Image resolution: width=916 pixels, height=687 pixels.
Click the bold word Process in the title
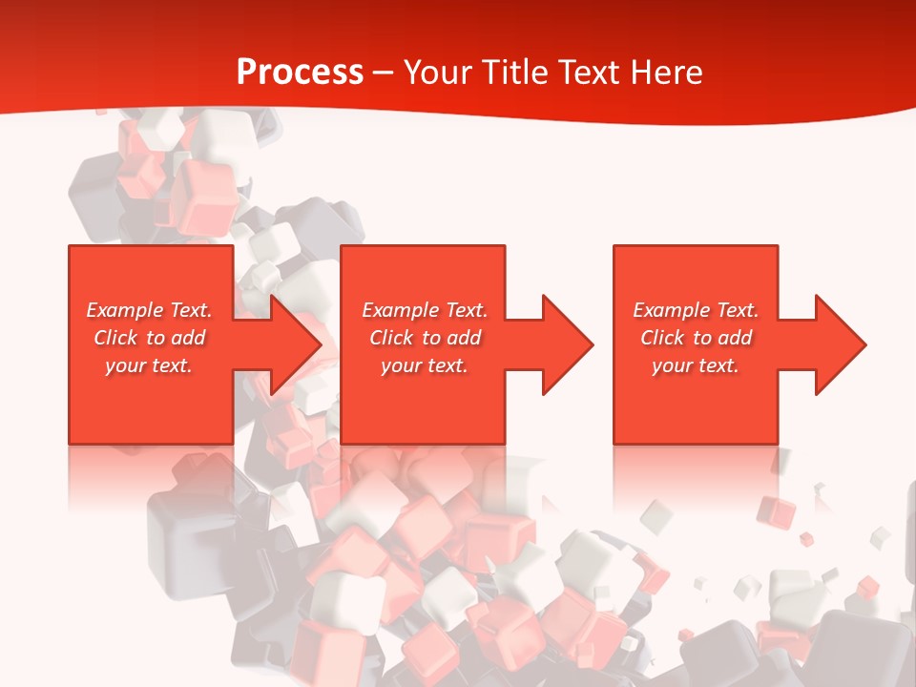[x=300, y=73]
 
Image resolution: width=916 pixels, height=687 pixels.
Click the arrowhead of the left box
[x=292, y=344]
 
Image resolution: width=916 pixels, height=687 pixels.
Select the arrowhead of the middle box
[x=564, y=344]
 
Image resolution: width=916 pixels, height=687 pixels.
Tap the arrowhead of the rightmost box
[x=837, y=344]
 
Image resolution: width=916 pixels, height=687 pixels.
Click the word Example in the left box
[x=124, y=310]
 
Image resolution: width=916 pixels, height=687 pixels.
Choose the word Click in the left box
[x=116, y=338]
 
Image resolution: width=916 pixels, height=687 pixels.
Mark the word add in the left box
[x=189, y=338]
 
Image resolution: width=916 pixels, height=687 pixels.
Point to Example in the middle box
[x=400, y=310]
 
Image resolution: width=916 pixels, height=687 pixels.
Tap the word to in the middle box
[x=432, y=338]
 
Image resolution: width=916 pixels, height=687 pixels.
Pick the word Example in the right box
[x=671, y=310]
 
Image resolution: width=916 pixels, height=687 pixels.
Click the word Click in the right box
[x=663, y=338]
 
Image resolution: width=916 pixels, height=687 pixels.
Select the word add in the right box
[x=736, y=338]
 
